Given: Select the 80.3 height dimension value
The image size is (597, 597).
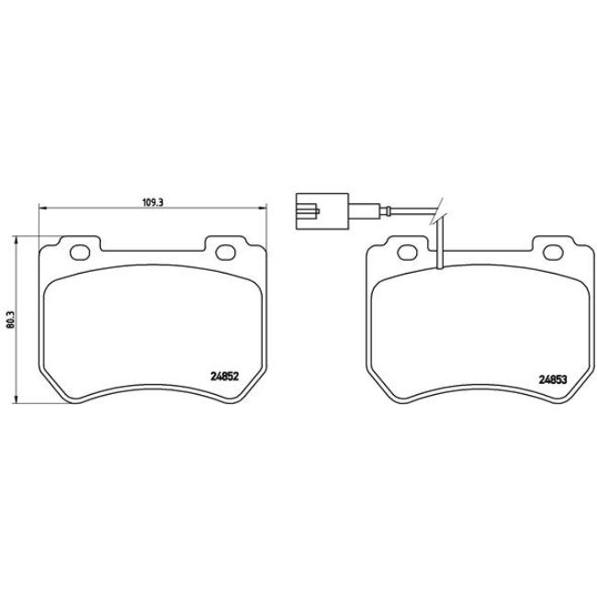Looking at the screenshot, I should coord(10,318).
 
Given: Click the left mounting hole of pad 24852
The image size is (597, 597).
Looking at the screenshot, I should coord(80,253).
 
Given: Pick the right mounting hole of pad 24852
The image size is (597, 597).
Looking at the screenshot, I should coord(223,253).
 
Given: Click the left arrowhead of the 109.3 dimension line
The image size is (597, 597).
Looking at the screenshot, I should coord(39,210).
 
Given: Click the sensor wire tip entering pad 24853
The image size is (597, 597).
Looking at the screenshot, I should coord(441,268).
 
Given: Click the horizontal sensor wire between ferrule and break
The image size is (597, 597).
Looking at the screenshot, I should coord(413,215).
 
